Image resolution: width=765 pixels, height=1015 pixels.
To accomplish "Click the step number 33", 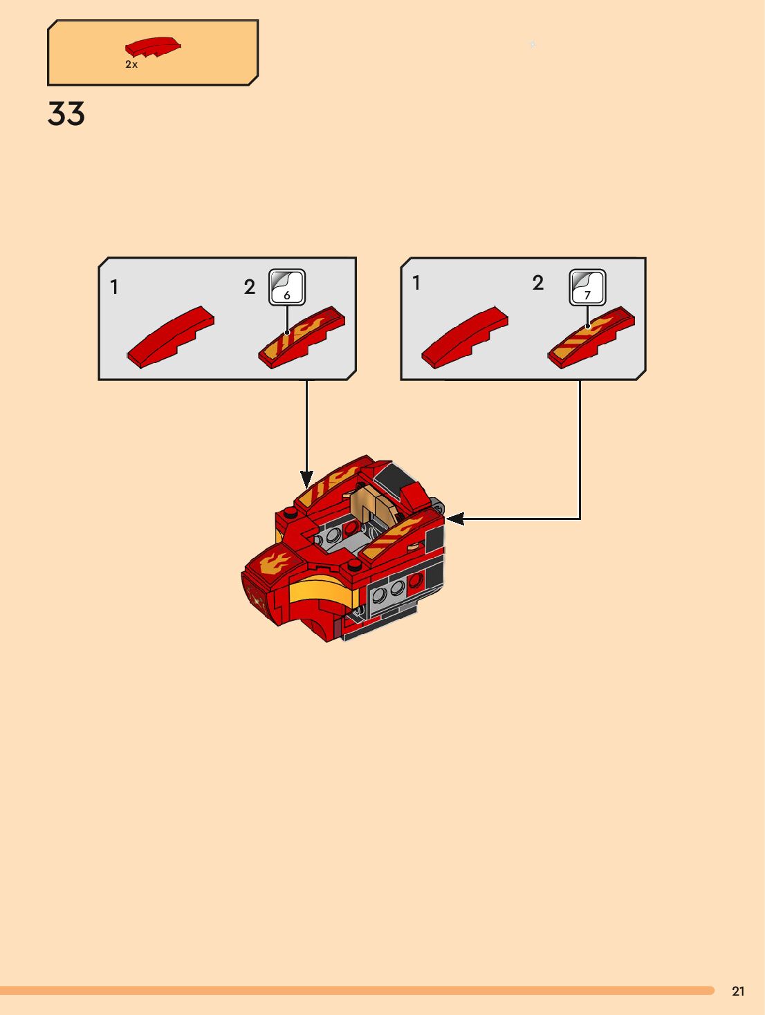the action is (66, 114).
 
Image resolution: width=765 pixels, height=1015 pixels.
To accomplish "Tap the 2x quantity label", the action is (131, 64).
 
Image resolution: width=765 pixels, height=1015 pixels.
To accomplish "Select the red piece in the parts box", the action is (153, 46).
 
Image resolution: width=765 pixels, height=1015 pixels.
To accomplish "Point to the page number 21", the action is (738, 991).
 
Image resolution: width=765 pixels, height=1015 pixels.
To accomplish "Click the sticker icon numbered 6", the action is (287, 287).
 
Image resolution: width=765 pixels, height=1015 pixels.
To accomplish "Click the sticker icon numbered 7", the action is (587, 287).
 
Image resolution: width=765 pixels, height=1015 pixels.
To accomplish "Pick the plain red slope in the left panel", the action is (171, 337).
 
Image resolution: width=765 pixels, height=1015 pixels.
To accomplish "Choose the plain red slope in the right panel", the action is (465, 337).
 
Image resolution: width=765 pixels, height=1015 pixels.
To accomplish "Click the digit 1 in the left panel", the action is (114, 287).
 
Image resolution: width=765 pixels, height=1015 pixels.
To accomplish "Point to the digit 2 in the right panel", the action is (538, 283).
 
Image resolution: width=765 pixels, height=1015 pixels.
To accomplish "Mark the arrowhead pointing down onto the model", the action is (306, 478).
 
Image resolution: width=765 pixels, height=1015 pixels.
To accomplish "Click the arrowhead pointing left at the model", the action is (454, 518).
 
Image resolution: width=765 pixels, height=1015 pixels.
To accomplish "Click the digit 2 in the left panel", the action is (250, 287).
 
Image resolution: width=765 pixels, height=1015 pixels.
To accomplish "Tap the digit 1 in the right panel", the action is (416, 283).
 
